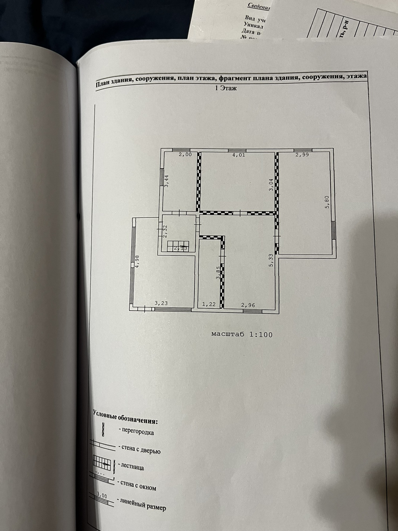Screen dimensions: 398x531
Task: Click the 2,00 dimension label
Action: click(185, 155)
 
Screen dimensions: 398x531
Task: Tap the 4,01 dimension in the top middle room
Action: click(239, 155)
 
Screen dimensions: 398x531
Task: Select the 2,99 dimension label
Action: click(302, 155)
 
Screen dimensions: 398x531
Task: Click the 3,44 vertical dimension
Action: click(167, 181)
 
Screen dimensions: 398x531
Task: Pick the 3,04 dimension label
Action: click(271, 185)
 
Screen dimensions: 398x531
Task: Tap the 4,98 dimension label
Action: click(137, 261)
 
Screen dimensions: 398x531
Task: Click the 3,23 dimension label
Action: click(161, 303)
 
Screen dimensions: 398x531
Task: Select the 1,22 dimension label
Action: click(209, 304)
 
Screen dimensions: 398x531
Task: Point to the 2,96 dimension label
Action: click(248, 305)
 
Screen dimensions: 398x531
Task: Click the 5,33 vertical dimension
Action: click(271, 260)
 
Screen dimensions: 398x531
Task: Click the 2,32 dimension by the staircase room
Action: click(165, 231)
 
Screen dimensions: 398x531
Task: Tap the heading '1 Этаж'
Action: click(226, 88)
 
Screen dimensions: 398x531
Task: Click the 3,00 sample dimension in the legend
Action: click(102, 496)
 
